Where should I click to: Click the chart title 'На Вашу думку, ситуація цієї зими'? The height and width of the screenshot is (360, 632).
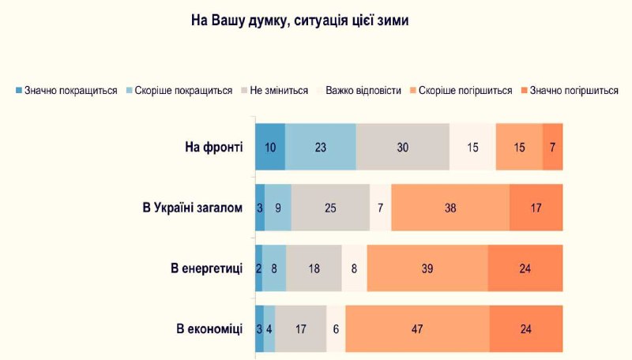[300, 21]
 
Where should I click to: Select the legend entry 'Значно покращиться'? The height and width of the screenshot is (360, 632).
[66, 91]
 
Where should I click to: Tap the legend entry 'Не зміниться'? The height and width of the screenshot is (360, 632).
[274, 91]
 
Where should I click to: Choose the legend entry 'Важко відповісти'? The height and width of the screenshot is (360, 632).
[359, 91]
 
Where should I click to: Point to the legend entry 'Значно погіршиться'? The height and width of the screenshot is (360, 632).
[570, 91]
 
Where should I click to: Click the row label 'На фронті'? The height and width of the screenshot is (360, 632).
[214, 147]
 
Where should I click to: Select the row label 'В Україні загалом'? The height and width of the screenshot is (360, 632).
[193, 208]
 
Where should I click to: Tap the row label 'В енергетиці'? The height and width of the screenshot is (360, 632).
[207, 268]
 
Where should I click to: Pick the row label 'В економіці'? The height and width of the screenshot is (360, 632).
[209, 329]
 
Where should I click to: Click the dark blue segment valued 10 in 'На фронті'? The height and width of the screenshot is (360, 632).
[270, 147]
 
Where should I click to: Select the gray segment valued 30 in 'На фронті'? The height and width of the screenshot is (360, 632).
[403, 147]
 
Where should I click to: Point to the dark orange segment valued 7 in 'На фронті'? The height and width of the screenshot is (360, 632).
[552, 147]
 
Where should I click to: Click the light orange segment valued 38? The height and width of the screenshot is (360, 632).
[450, 208]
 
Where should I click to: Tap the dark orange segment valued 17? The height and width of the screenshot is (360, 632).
[536, 208]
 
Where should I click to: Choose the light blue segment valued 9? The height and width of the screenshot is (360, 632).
[278, 208]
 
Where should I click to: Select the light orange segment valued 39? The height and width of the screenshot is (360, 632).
[427, 268]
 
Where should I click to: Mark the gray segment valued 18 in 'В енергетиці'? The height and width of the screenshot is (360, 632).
[314, 268]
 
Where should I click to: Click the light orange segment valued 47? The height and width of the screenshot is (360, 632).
[418, 329]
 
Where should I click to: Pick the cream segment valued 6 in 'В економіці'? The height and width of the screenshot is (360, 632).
[336, 329]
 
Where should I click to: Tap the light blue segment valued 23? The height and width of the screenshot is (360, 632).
[321, 147]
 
